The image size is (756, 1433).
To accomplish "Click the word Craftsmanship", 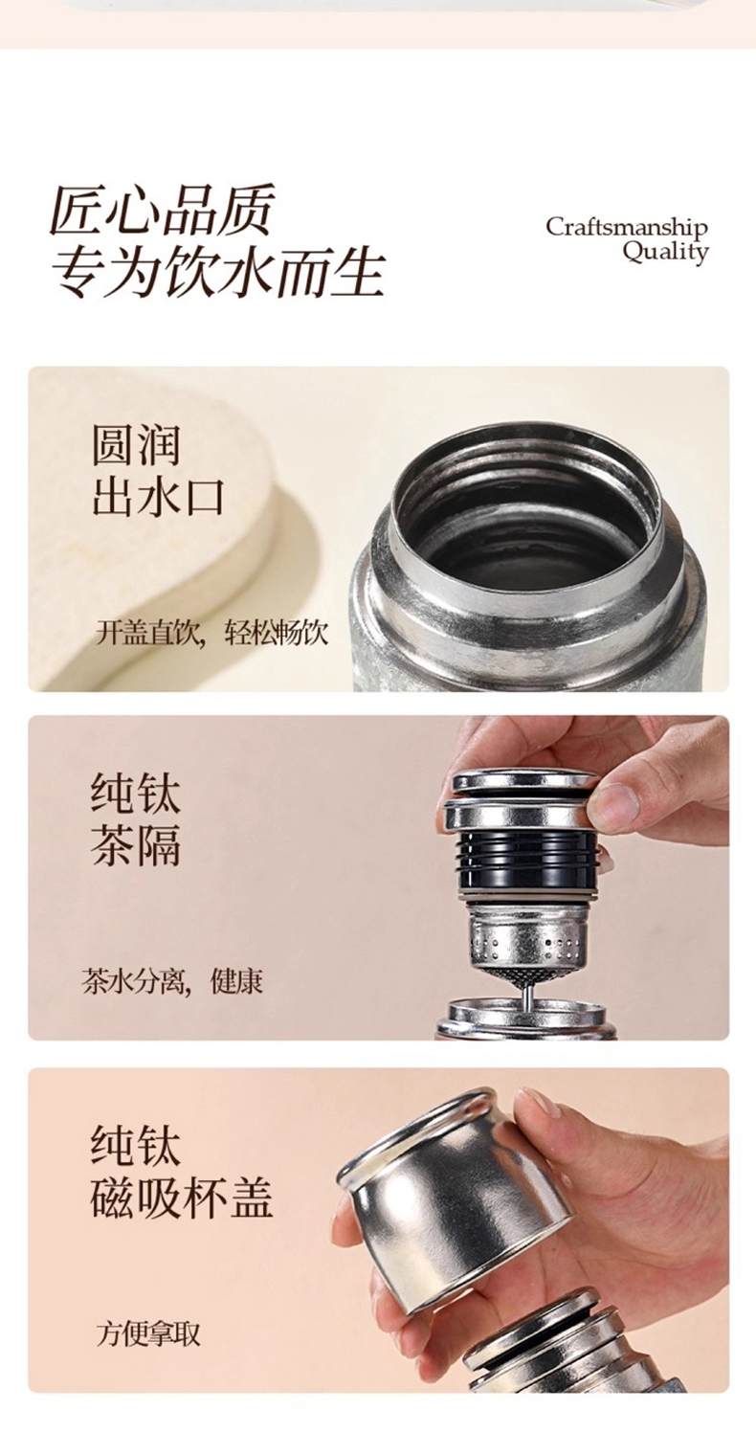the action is click(627, 227).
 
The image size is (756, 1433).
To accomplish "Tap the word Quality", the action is click(666, 252).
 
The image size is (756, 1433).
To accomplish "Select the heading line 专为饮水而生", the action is click(217, 275).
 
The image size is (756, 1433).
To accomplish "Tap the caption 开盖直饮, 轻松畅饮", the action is click(211, 633).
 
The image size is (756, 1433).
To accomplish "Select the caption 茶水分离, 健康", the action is click(172, 981).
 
